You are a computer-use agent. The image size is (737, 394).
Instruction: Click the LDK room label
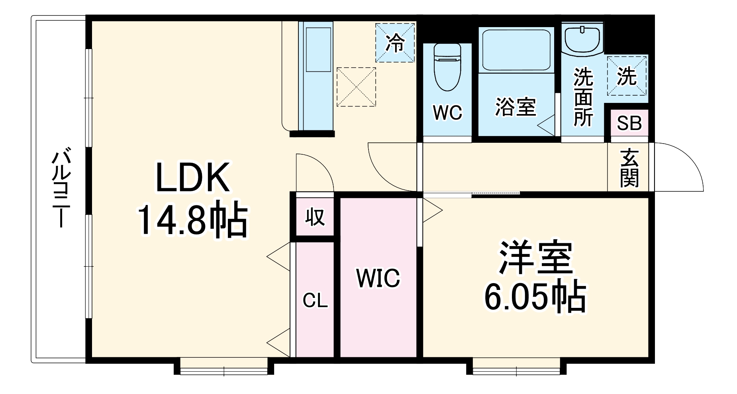coord(193,177)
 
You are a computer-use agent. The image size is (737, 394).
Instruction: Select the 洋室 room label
coord(535,258)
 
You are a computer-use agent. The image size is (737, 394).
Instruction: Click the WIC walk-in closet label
coord(378,278)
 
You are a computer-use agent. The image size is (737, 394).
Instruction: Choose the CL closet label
coord(315,300)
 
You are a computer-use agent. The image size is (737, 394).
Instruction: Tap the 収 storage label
coord(315,217)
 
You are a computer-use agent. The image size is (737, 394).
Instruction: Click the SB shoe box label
coord(629,123)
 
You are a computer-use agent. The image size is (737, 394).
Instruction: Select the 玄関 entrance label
coord(629,168)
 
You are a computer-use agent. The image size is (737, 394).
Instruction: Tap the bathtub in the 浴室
coord(516,50)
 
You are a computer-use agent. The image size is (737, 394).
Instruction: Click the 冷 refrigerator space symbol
coord(395,43)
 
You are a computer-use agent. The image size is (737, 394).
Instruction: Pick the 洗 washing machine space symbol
coord(627,76)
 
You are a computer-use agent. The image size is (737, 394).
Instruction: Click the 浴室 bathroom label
coord(516,107)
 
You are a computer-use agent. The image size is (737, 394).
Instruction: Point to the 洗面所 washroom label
coord(583,98)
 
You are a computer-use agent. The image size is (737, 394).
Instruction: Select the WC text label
coord(447,113)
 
